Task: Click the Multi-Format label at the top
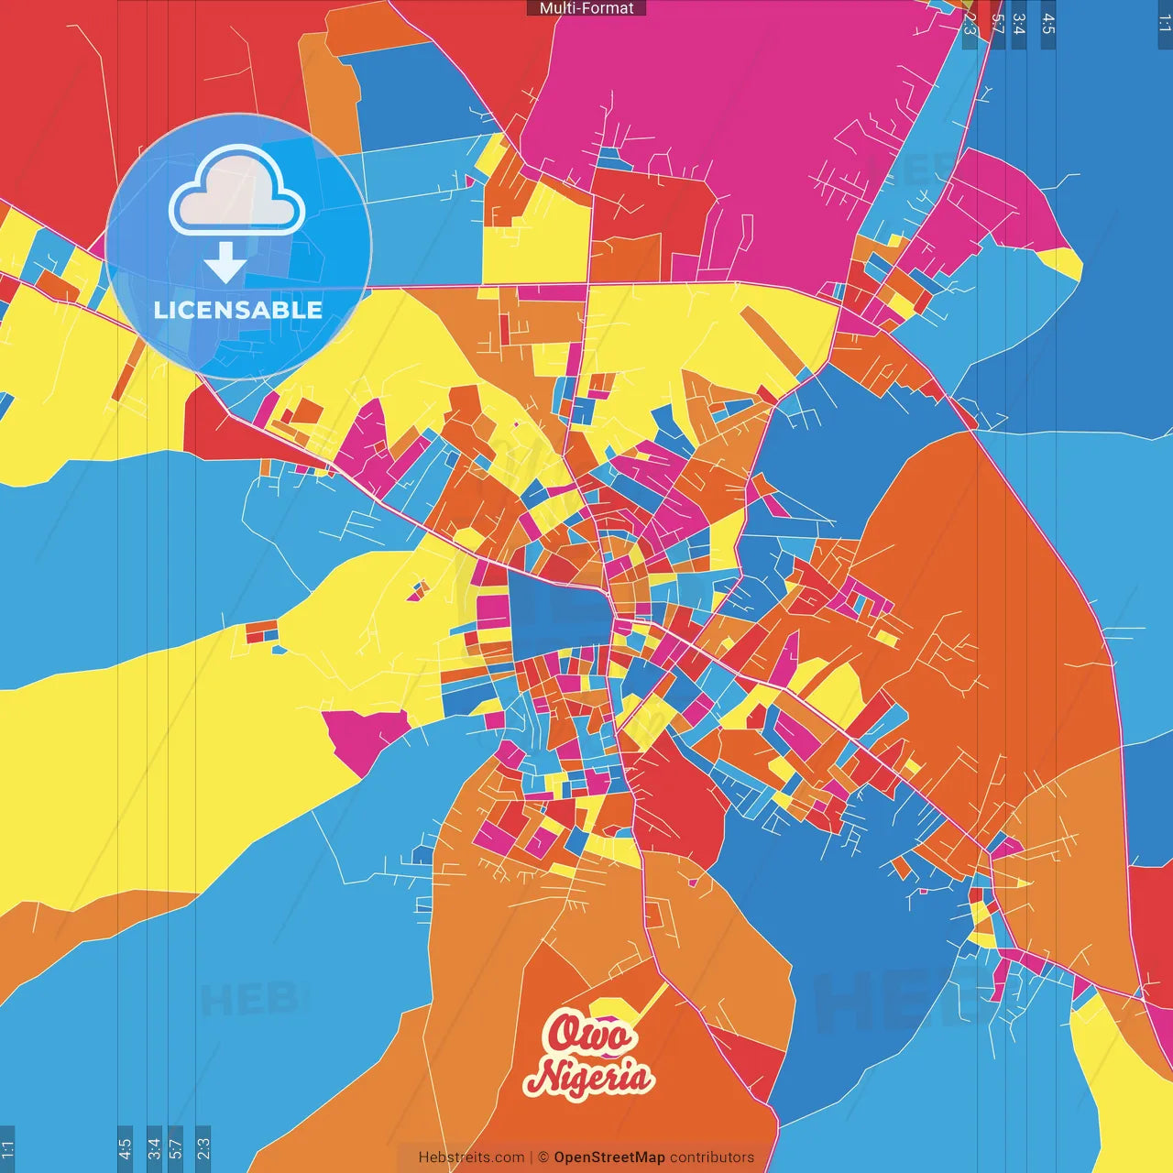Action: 586,8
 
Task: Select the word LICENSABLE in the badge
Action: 238,310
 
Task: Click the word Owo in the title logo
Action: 590,1035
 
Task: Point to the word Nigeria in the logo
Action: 589,1077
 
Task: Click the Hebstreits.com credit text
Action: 471,1157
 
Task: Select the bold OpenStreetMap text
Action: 609,1157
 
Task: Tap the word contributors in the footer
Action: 712,1157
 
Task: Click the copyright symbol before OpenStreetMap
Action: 543,1157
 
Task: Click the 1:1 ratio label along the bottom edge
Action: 8,1148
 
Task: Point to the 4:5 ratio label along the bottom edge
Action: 125,1148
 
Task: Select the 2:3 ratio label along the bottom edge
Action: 203,1148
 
